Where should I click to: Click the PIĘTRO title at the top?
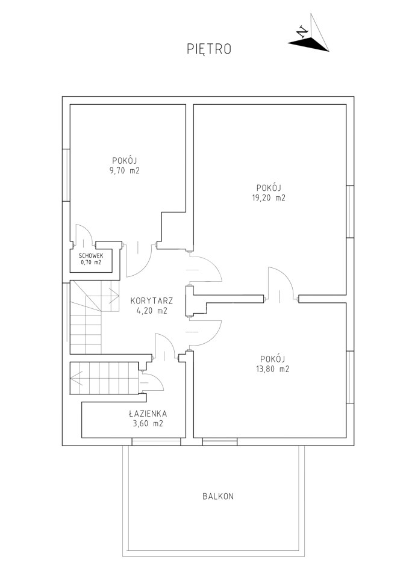[209, 49]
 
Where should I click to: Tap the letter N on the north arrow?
[303, 33]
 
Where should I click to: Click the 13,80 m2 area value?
[272, 368]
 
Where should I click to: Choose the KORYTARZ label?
[152, 301]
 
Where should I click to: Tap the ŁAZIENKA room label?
[148, 414]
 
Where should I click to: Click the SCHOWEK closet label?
[91, 255]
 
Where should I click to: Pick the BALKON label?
[218, 496]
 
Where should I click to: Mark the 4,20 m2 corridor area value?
[152, 311]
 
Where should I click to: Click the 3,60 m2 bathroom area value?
[148, 423]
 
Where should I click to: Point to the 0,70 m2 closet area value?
[91, 263]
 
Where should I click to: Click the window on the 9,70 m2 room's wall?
[66, 175]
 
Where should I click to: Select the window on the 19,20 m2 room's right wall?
[350, 211]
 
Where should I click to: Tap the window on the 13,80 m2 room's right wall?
[350, 377]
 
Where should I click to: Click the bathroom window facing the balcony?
[157, 442]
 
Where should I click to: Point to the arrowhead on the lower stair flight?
[75, 378]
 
